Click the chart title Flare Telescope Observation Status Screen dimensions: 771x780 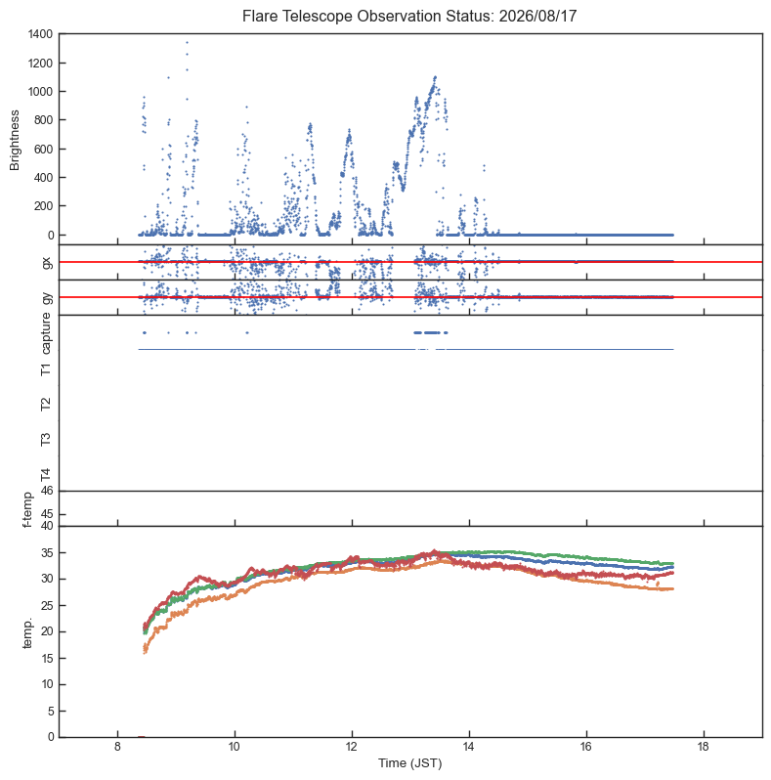click(369, 16)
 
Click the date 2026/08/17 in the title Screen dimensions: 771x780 click(537, 16)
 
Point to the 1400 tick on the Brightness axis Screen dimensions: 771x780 click(40, 34)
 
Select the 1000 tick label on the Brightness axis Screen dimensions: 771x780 click(40, 92)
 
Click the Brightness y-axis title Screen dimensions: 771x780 click(15, 141)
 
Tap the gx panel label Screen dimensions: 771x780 click(47, 262)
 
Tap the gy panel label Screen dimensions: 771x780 click(47, 298)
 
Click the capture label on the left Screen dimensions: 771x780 click(46, 333)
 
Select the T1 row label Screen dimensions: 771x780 click(46, 369)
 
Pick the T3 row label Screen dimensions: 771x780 click(46, 439)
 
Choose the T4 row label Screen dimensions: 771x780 click(46, 475)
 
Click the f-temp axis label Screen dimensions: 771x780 click(27, 509)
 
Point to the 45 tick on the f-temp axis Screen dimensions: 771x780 click(47, 514)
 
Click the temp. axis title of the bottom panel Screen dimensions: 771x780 click(27, 633)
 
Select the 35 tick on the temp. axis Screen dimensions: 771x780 click(47, 553)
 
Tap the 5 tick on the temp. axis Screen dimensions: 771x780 click(50, 712)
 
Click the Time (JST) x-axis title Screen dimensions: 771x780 click(409, 763)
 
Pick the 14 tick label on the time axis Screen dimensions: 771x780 click(469, 747)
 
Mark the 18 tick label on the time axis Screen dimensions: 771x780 click(704, 747)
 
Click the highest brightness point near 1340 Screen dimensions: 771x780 click(187, 42)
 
